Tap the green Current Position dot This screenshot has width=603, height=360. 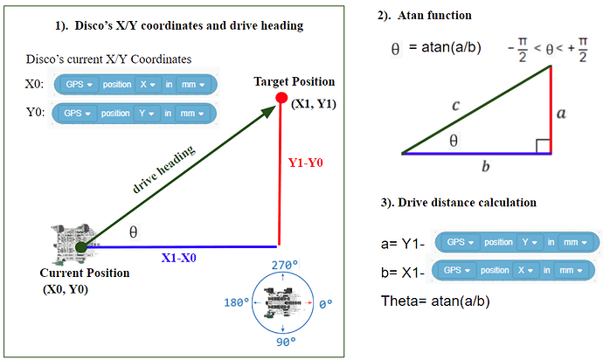80,247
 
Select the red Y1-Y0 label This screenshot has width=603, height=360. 305,163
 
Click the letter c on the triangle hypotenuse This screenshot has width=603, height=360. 455,105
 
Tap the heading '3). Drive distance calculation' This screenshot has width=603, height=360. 457,203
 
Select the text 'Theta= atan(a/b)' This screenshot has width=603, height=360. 435,301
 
